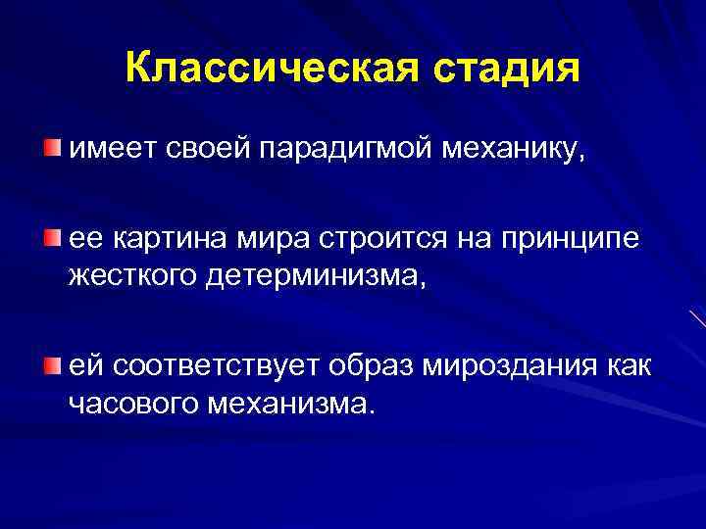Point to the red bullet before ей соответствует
[50, 365]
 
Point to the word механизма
[290, 404]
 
